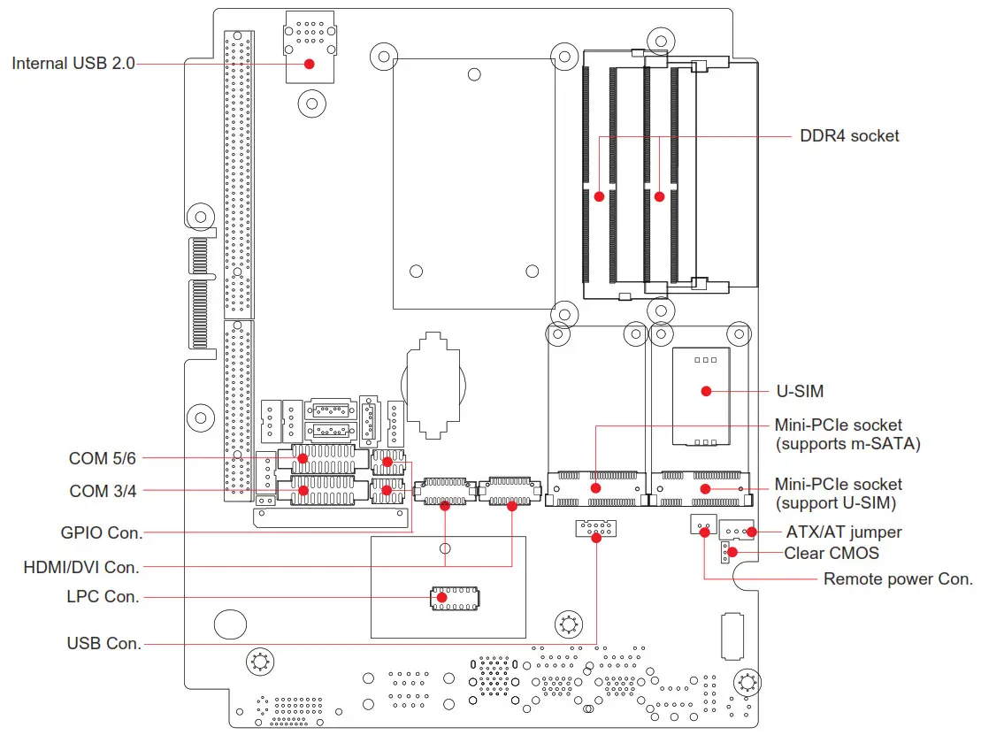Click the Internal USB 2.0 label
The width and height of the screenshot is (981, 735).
click(x=73, y=64)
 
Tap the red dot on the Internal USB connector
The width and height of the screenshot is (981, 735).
click(x=310, y=64)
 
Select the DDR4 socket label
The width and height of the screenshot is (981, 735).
click(x=848, y=136)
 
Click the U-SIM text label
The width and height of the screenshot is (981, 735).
click(x=800, y=391)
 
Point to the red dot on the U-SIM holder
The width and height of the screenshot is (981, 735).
click(x=706, y=391)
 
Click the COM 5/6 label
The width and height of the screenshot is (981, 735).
click(x=103, y=458)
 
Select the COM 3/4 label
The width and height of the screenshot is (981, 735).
click(x=103, y=491)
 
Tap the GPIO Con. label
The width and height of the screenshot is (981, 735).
click(x=101, y=532)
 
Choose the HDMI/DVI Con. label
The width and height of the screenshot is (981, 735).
click(x=81, y=566)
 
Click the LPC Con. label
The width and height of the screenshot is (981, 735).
click(x=103, y=597)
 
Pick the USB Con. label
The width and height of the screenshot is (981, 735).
click(x=104, y=643)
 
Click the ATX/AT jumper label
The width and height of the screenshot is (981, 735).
click(x=844, y=532)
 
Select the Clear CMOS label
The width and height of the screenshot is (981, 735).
click(x=832, y=554)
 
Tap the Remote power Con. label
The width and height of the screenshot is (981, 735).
click(x=897, y=579)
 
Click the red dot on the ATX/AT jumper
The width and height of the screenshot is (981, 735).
click(x=751, y=532)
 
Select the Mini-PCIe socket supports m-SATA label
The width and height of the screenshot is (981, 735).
click(x=847, y=434)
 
